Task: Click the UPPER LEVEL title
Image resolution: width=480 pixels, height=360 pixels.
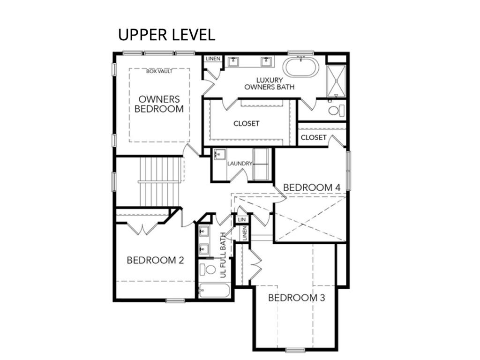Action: (x=166, y=35)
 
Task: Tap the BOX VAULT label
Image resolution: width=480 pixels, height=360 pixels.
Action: (x=159, y=71)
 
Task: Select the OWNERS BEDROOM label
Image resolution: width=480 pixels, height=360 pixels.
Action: (x=159, y=104)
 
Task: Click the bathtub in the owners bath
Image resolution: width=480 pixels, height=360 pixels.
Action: (x=300, y=67)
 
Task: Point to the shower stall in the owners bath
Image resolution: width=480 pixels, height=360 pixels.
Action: (x=336, y=81)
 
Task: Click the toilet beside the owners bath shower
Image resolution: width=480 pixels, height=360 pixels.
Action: (x=336, y=110)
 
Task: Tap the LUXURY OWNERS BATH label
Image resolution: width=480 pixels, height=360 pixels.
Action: (x=270, y=83)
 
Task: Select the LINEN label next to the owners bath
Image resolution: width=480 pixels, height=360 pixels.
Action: (x=213, y=59)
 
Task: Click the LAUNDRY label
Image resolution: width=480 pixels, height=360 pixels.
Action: (x=240, y=164)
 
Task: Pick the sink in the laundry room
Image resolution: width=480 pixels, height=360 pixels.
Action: (x=219, y=155)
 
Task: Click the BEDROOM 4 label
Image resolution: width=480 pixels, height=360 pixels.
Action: (x=312, y=187)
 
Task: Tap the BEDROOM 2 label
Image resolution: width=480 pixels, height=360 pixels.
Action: (x=155, y=260)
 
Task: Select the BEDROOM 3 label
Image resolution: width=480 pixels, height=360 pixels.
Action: (x=296, y=298)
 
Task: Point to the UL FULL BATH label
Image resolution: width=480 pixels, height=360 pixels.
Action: (x=223, y=255)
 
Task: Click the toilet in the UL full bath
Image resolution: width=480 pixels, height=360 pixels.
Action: (x=208, y=270)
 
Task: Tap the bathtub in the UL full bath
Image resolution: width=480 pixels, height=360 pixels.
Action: (x=214, y=291)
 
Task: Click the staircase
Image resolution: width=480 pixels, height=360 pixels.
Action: (x=159, y=182)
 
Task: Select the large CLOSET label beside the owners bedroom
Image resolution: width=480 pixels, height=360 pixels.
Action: (x=246, y=123)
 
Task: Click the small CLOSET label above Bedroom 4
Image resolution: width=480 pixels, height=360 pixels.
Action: (x=314, y=137)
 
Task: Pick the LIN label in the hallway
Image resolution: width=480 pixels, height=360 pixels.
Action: (x=241, y=219)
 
